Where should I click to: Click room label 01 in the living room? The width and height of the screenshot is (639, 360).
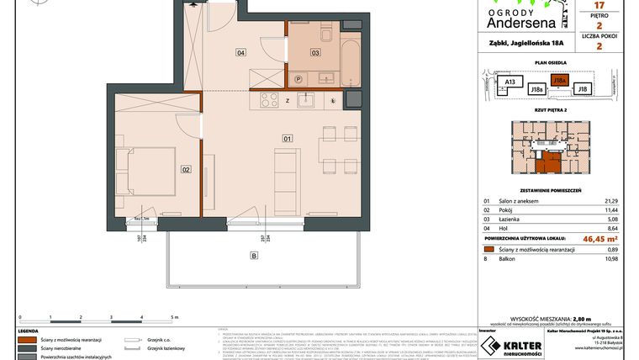[x=287, y=137]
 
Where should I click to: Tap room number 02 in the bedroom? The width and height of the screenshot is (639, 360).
[x=186, y=168]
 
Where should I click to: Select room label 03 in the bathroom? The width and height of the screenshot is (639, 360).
[x=315, y=52]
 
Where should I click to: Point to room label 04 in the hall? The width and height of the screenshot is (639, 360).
[x=240, y=52]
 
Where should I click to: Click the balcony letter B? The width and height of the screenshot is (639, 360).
[x=252, y=254]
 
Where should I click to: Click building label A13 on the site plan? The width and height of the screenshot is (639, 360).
[x=510, y=82]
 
